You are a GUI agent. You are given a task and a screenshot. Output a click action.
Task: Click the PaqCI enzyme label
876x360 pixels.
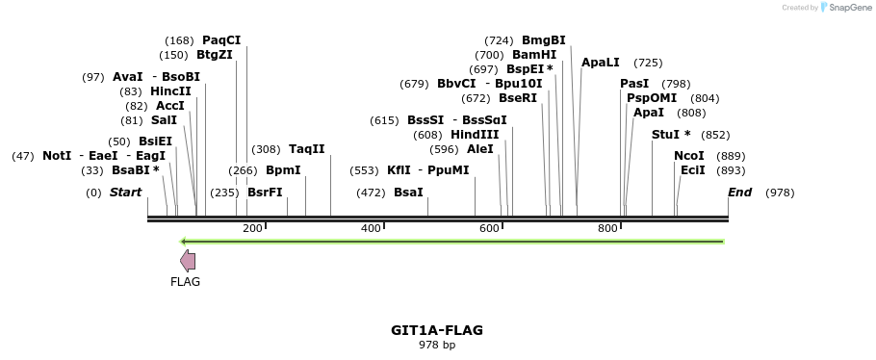point(221,40)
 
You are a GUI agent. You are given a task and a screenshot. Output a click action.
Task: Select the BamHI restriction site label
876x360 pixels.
point(534,55)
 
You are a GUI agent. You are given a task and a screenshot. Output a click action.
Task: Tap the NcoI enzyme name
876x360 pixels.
point(689,156)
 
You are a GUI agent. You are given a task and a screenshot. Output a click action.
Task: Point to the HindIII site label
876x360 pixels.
point(475,135)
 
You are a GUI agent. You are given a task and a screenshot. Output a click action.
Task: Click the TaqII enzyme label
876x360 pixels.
point(307,149)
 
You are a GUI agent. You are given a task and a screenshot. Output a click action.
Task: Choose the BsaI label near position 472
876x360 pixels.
point(408,193)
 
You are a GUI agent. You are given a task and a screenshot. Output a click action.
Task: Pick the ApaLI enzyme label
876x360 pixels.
point(601,63)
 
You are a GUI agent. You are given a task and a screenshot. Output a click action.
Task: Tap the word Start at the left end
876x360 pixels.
point(125,193)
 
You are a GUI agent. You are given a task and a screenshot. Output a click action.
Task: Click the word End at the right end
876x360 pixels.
point(740,193)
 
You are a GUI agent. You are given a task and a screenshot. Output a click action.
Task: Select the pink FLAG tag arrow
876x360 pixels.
point(188,261)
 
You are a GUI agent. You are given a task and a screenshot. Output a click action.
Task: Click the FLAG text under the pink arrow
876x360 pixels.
point(185,282)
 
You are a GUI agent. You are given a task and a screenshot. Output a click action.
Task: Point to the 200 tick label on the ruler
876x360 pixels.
point(252,228)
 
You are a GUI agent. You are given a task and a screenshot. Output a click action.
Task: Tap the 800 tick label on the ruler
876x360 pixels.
point(607,228)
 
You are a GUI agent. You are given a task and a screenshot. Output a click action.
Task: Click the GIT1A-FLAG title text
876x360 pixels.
point(437,330)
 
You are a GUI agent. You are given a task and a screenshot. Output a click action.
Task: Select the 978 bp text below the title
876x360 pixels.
point(437,345)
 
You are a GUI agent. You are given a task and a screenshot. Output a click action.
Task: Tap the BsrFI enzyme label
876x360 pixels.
point(265,193)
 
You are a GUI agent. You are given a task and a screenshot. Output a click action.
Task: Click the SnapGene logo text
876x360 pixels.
point(845,8)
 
